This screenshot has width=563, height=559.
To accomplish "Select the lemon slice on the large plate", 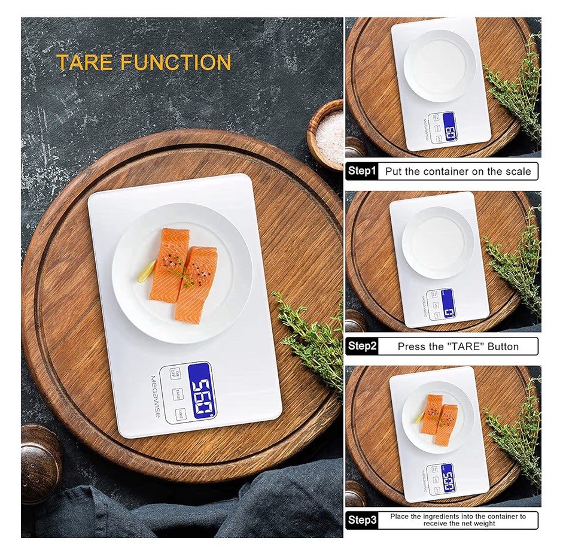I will [x=146, y=272].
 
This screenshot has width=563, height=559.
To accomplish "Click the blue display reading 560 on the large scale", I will [x=202, y=391].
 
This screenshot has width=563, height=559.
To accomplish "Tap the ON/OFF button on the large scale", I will [x=175, y=373].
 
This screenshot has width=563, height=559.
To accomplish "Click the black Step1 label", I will [x=362, y=171].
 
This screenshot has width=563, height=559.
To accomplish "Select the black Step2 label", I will [x=362, y=346].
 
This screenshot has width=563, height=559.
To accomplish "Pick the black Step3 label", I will [x=362, y=520].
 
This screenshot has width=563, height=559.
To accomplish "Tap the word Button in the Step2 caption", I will [x=500, y=346].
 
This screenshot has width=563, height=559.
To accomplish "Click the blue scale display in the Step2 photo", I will [x=448, y=303].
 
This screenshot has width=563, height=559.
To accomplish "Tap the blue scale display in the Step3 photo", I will [x=447, y=478].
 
